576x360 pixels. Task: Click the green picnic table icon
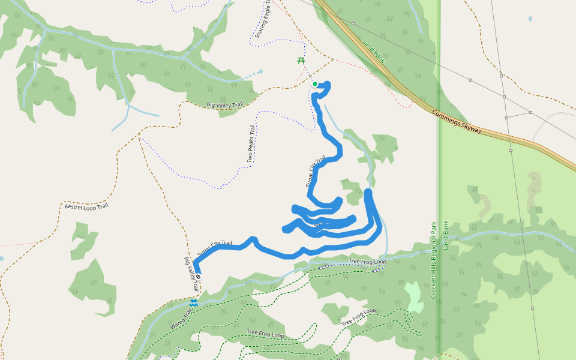(x=301, y=60)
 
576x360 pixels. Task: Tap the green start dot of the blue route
(x=315, y=84)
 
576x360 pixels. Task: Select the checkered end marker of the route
(x=198, y=277)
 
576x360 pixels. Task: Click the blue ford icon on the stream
(x=193, y=303)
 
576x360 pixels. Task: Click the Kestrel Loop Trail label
(x=86, y=206)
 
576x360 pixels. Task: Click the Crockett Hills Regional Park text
(x=433, y=261)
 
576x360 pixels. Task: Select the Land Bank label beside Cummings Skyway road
(x=373, y=50)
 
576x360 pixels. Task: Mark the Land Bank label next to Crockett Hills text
(x=446, y=236)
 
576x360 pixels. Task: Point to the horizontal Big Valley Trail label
(x=224, y=105)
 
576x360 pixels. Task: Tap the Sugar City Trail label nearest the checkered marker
(x=215, y=248)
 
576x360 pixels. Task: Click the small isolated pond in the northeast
(x=530, y=19)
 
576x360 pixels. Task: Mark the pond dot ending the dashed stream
(x=260, y=72)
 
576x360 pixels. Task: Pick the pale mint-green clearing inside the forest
(x=413, y=296)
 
